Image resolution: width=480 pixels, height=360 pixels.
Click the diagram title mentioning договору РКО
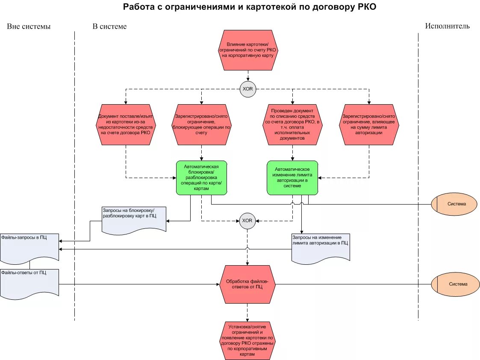(250, 7)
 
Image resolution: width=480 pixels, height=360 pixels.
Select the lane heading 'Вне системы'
(29, 26)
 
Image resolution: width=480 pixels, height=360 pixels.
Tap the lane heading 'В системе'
(109, 26)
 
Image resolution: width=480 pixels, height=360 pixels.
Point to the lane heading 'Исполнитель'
(447, 26)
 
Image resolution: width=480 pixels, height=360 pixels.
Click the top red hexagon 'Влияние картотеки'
(247, 50)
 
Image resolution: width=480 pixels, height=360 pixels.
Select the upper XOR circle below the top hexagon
(247, 89)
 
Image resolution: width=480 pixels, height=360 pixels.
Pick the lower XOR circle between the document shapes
(247, 220)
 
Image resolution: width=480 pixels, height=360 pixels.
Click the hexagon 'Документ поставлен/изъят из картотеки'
(126, 125)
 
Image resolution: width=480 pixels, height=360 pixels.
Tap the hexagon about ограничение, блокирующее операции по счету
(201, 125)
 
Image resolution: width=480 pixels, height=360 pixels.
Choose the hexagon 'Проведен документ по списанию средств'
(292, 125)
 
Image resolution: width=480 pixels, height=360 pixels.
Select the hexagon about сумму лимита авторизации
(369, 125)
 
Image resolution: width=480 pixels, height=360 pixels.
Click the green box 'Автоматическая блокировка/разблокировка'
(201, 178)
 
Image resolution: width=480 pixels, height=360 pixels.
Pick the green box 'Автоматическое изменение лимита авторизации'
(292, 178)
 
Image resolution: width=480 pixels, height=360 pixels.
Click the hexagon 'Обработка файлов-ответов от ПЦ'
(247, 284)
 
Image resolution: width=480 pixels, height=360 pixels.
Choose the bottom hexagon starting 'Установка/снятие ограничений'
(247, 340)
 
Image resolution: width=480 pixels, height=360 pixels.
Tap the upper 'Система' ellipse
(454, 204)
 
